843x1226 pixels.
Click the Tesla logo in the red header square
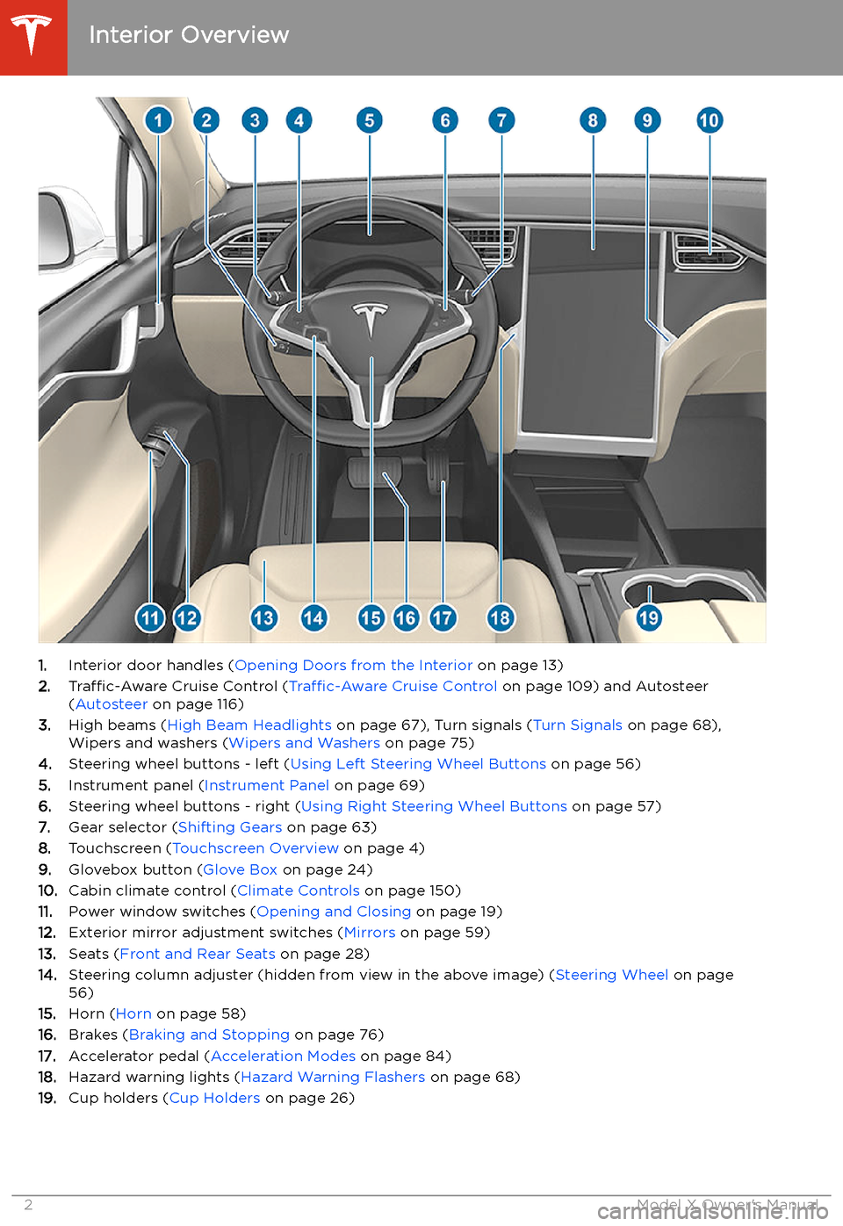[x=32, y=35]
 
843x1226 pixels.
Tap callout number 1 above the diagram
[x=158, y=119]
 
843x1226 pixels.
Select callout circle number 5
[x=369, y=119]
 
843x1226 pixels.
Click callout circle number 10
[x=709, y=119]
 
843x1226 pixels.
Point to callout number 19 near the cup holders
[x=649, y=617]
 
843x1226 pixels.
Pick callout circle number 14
[x=313, y=617]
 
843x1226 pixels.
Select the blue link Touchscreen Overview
[x=256, y=848]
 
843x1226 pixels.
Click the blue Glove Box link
[x=240, y=869]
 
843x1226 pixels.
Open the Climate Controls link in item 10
[x=299, y=891]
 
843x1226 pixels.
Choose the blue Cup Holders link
[x=214, y=1098]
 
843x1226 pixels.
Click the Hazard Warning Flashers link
[x=333, y=1077]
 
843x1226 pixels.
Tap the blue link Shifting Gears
[x=230, y=827]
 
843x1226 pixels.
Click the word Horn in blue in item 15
[x=133, y=1013]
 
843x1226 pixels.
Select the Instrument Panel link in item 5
[x=266, y=785]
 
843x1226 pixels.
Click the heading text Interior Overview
[x=189, y=35]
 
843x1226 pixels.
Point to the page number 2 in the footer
[x=28, y=1205]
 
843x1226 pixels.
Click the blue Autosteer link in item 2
[x=112, y=704]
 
